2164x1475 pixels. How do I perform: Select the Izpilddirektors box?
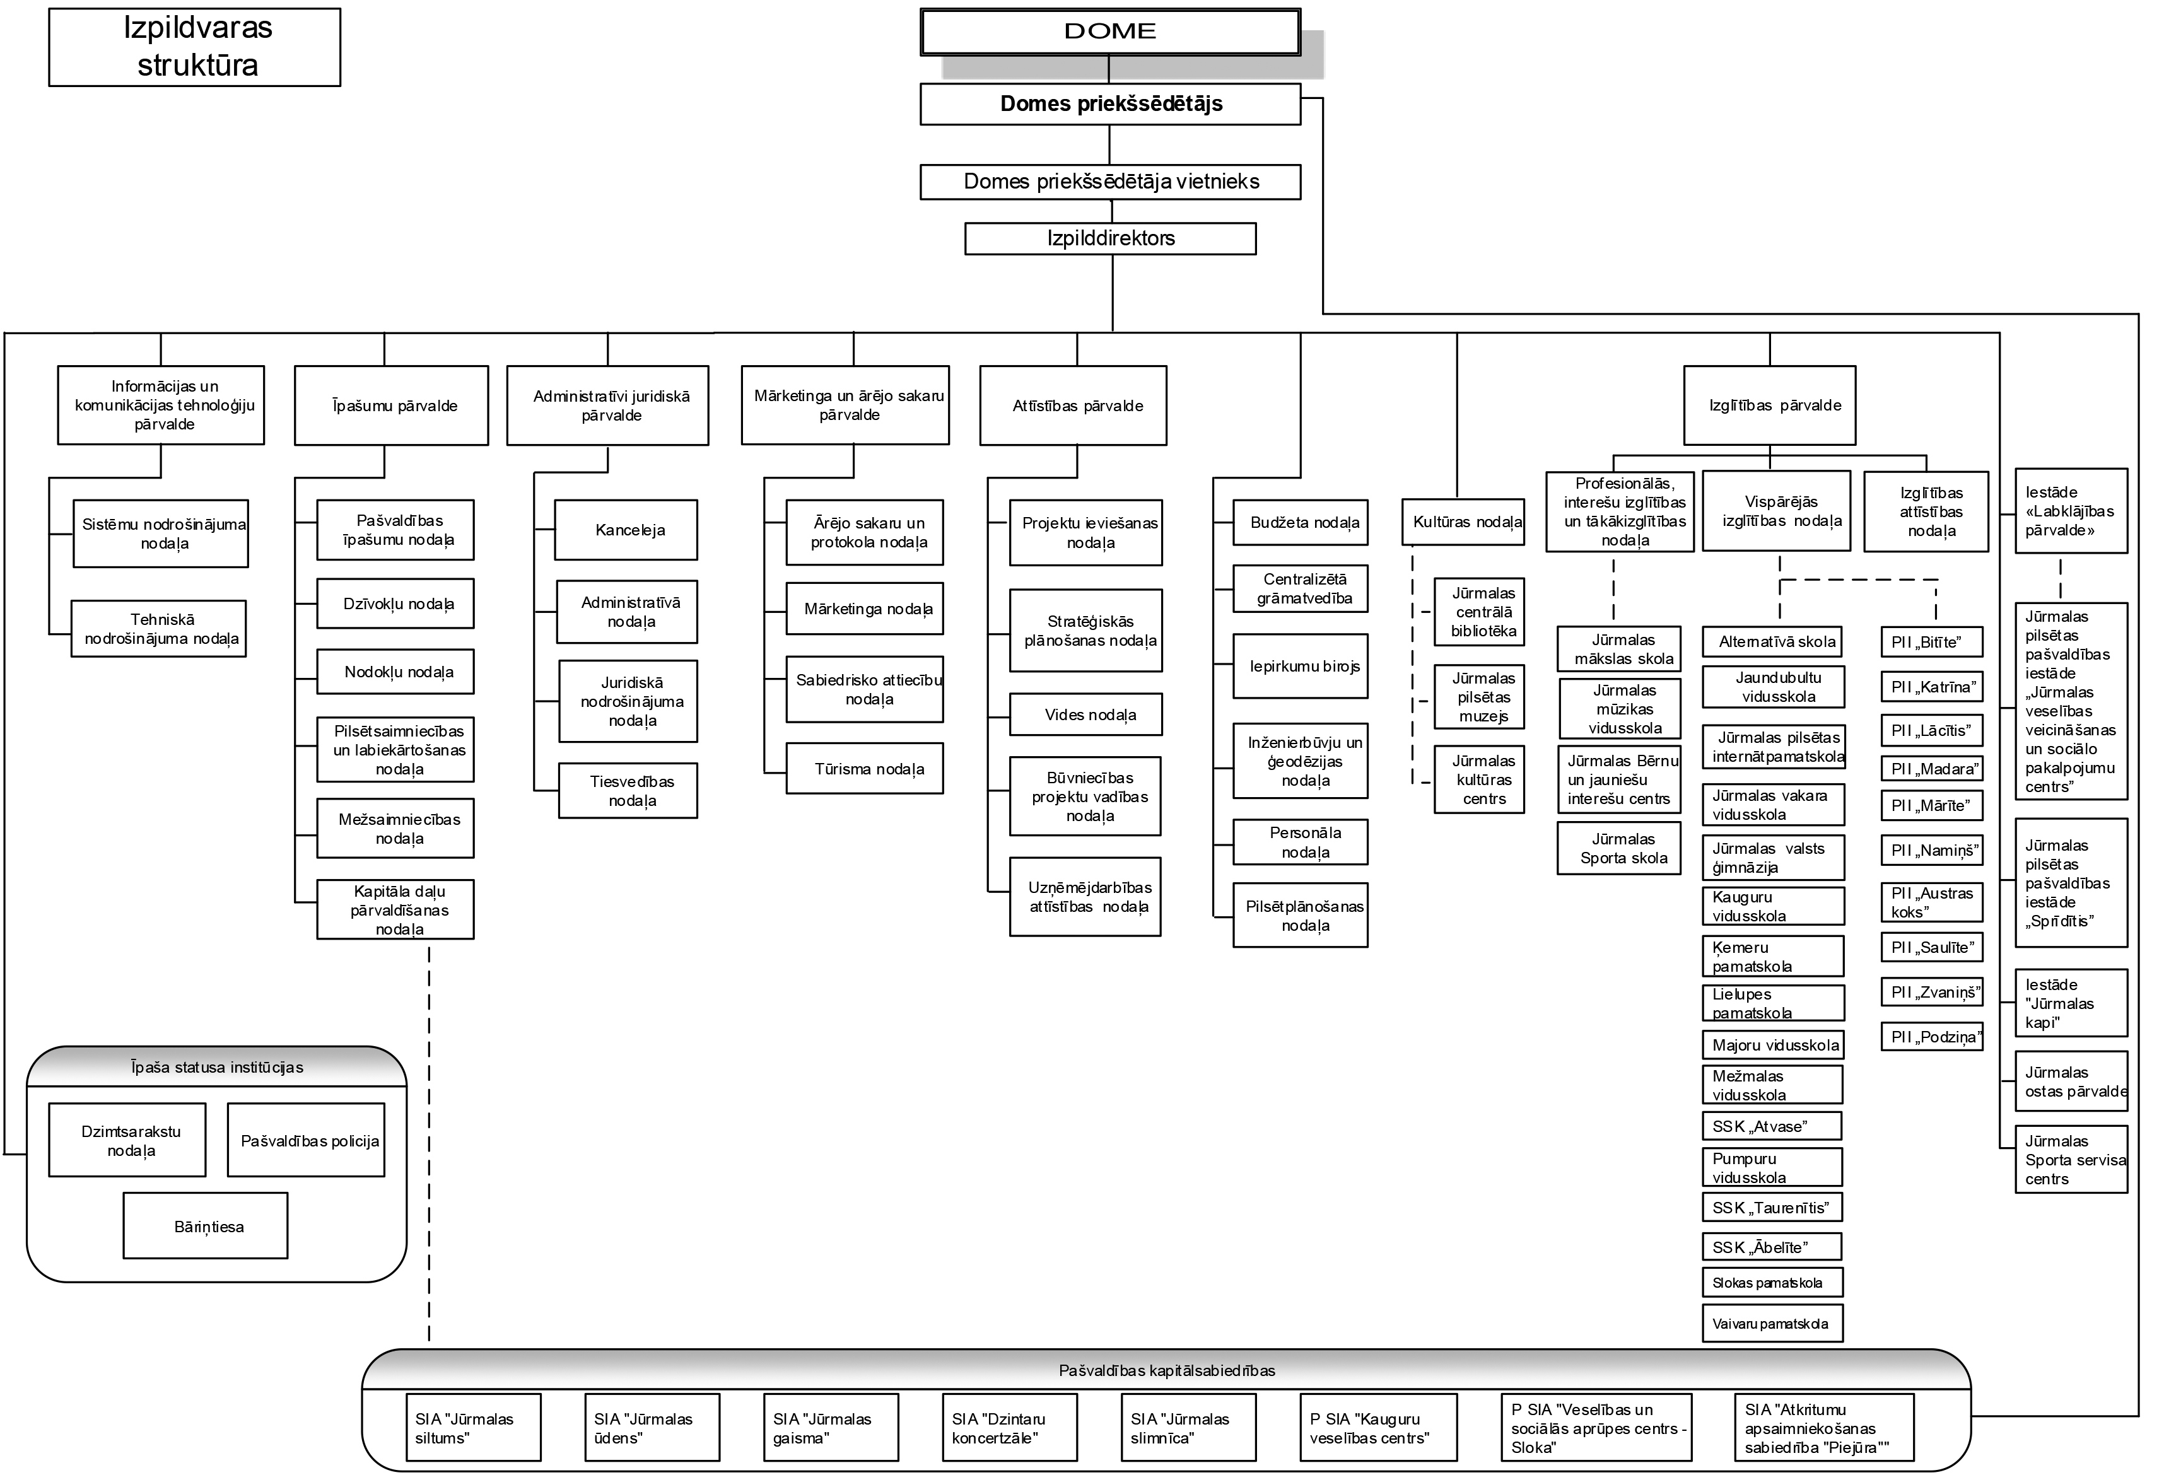pos(1110,238)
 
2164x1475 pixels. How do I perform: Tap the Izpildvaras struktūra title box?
pos(195,47)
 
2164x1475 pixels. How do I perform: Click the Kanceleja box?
pos(626,530)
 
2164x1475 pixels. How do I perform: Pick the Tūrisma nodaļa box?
pos(864,768)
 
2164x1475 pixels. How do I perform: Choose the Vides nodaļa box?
pos(1085,714)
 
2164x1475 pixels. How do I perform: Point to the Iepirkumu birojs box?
pos(1300,666)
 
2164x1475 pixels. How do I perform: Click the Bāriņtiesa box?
pos(206,1225)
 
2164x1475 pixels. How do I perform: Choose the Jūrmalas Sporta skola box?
pos(1619,848)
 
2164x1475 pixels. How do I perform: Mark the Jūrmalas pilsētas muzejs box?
pos(1478,697)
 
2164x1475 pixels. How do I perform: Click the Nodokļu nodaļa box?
pos(395,672)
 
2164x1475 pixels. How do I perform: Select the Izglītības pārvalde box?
pos(1769,405)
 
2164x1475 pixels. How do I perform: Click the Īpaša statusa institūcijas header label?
pos(217,1067)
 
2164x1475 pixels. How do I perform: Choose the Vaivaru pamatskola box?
pos(1772,1323)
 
